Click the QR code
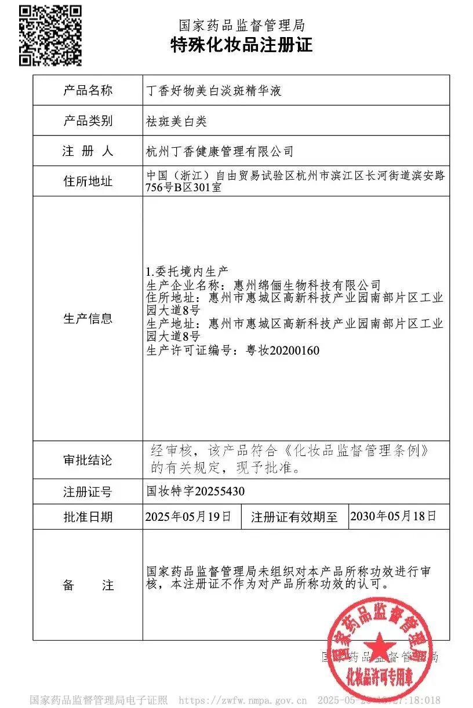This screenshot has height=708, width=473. tap(50, 35)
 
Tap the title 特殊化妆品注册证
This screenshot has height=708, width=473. tap(241, 45)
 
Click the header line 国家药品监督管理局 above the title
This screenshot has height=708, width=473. tap(241, 25)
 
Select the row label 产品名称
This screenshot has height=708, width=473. tap(88, 90)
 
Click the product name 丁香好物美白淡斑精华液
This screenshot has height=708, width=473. tap(214, 91)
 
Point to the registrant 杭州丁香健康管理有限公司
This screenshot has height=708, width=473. tap(220, 152)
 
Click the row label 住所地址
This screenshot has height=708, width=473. tap(88, 181)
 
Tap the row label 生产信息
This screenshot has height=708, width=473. tap(88, 318)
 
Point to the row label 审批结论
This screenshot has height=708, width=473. tap(88, 461)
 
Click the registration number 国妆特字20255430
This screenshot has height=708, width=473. tap(195, 492)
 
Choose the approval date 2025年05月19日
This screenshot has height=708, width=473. tap(188, 516)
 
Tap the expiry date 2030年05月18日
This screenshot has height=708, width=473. tap(393, 516)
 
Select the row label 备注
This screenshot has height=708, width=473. tap(88, 585)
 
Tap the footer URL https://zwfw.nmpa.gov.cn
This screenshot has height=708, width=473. tap(243, 700)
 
